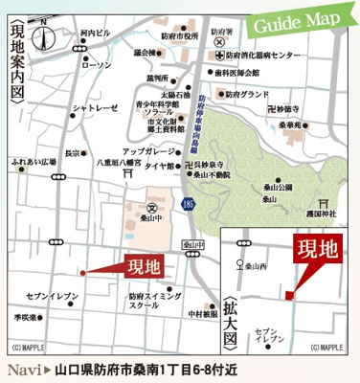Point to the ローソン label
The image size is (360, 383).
pos(98,65)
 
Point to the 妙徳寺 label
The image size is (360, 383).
pos(305,108)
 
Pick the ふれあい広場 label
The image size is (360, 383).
pos(32,164)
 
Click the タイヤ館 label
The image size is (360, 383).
pos(156,165)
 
